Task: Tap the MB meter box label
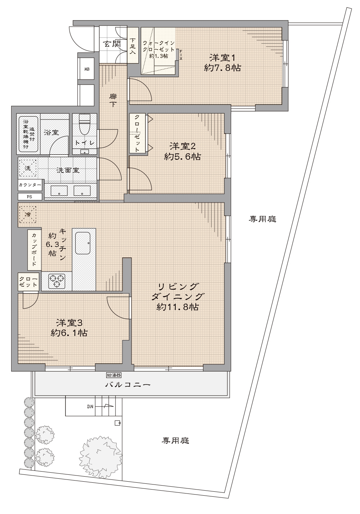[87, 69]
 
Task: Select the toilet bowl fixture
[84, 124]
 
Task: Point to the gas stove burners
[57, 281]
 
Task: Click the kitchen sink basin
[83, 243]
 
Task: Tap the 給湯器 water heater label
[114, 375]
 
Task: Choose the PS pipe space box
[30, 197]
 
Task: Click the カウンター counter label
[30, 185]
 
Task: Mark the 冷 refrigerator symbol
[28, 214]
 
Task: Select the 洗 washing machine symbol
[28, 168]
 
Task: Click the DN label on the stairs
[90, 406]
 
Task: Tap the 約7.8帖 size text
[222, 68]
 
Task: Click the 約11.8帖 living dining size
[177, 307]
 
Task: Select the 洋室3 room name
[69, 323]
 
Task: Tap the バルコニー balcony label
[128, 385]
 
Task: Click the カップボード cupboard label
[34, 250]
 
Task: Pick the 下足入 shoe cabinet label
[133, 46]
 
